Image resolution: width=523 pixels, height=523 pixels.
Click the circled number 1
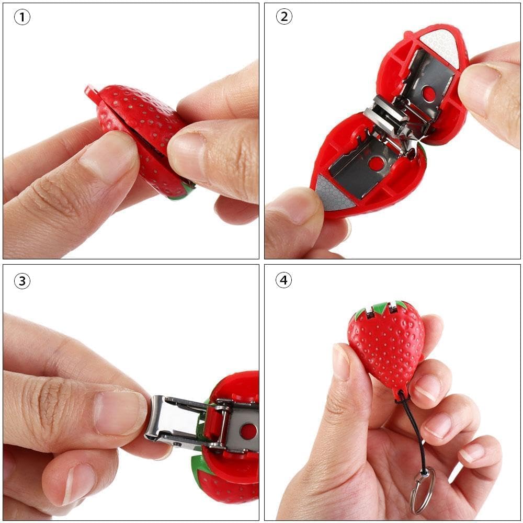click(21, 17)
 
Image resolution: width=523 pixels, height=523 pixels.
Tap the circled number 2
click(283, 17)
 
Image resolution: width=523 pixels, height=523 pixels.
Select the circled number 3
click(21, 281)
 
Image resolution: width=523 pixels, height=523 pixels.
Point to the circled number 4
click(283, 281)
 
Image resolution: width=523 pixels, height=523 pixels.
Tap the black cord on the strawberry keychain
click(415, 429)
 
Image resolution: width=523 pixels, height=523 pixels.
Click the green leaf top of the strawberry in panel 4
click(381, 308)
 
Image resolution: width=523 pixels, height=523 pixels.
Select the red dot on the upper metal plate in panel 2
click(429, 94)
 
